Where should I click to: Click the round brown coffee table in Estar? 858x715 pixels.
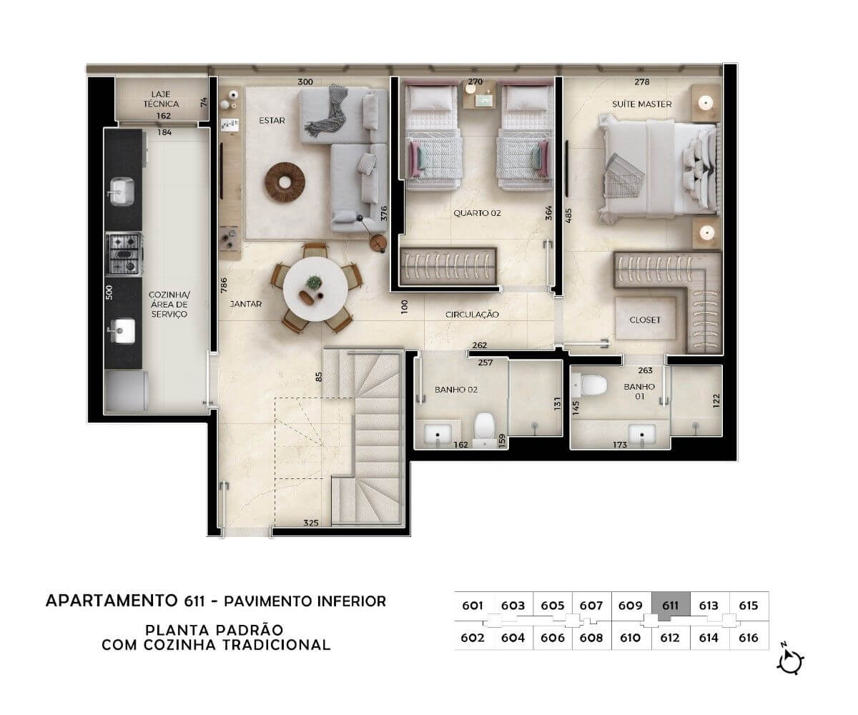tap(285, 182)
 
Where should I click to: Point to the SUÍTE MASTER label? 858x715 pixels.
tap(641, 104)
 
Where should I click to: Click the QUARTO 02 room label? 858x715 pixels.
tap(477, 213)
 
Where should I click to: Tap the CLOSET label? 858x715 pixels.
tap(645, 320)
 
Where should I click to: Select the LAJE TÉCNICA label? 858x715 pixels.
tap(161, 99)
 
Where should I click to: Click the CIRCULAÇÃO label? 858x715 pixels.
tap(472, 315)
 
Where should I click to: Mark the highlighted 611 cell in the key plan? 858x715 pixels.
tap(671, 606)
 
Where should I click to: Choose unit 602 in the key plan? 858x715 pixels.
tap(472, 638)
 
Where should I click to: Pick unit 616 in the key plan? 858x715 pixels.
tap(748, 638)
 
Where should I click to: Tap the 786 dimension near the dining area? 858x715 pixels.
tap(224, 285)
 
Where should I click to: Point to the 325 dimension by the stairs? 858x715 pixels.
tap(310, 523)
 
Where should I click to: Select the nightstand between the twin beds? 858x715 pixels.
tap(480, 94)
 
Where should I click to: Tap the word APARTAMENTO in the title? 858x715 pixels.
tap(111, 601)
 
